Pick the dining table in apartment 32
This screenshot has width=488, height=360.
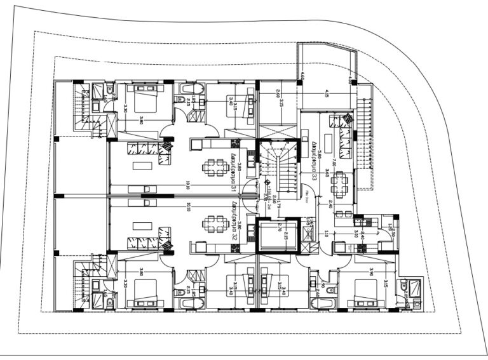point(215,225)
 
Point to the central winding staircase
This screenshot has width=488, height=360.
point(278,168)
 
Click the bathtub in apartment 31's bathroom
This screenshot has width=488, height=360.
point(191,89)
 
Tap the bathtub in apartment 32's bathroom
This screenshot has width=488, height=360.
point(191,303)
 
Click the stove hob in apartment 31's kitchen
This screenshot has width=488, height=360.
point(235,144)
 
